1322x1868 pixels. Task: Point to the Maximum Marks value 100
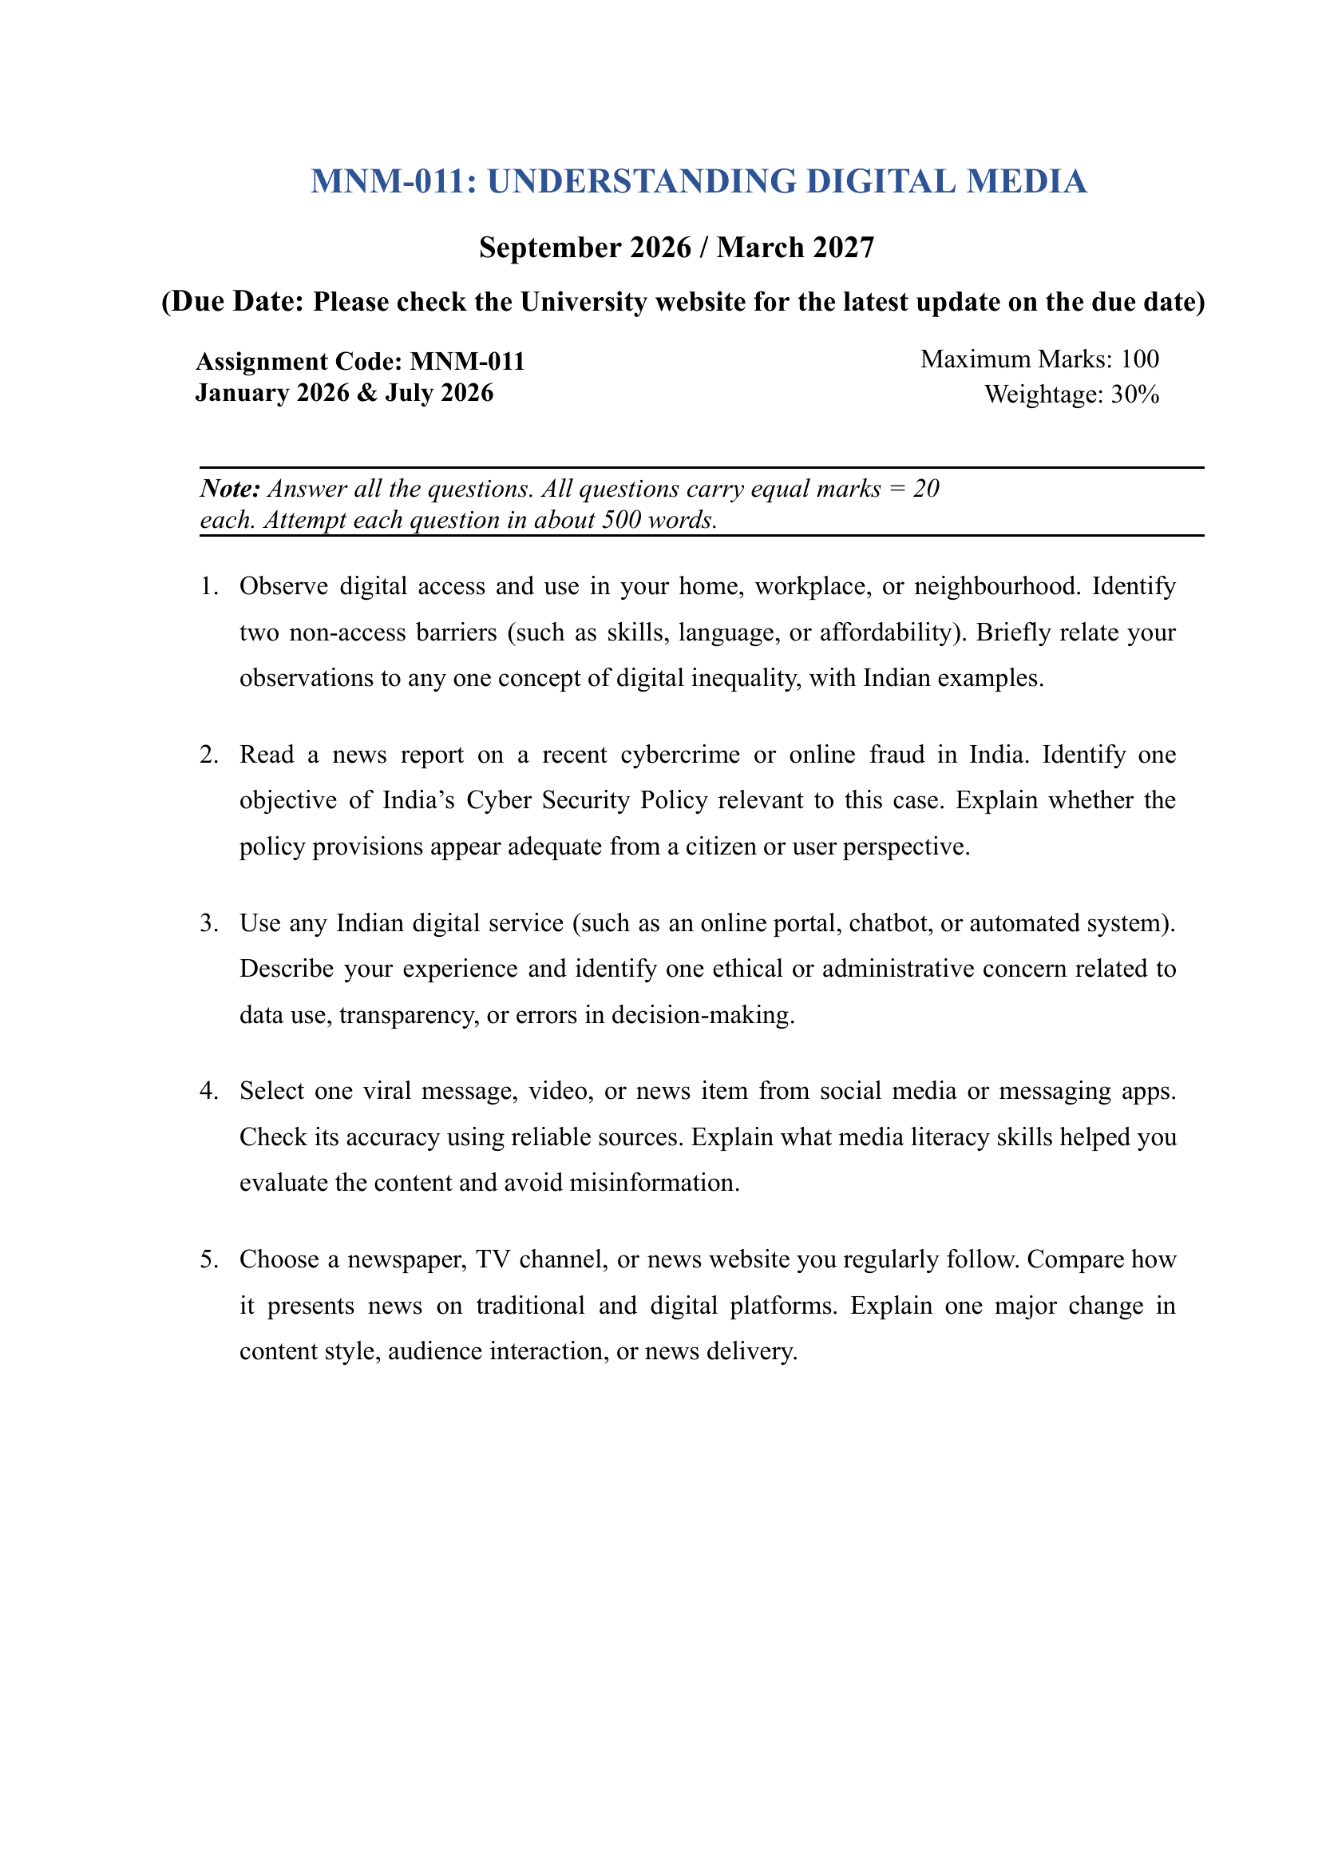[1140, 359]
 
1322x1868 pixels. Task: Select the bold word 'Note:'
[231, 489]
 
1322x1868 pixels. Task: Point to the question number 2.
[208, 755]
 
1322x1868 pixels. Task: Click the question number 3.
[208, 923]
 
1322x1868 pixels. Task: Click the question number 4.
[208, 1091]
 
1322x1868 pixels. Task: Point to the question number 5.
[208, 1259]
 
